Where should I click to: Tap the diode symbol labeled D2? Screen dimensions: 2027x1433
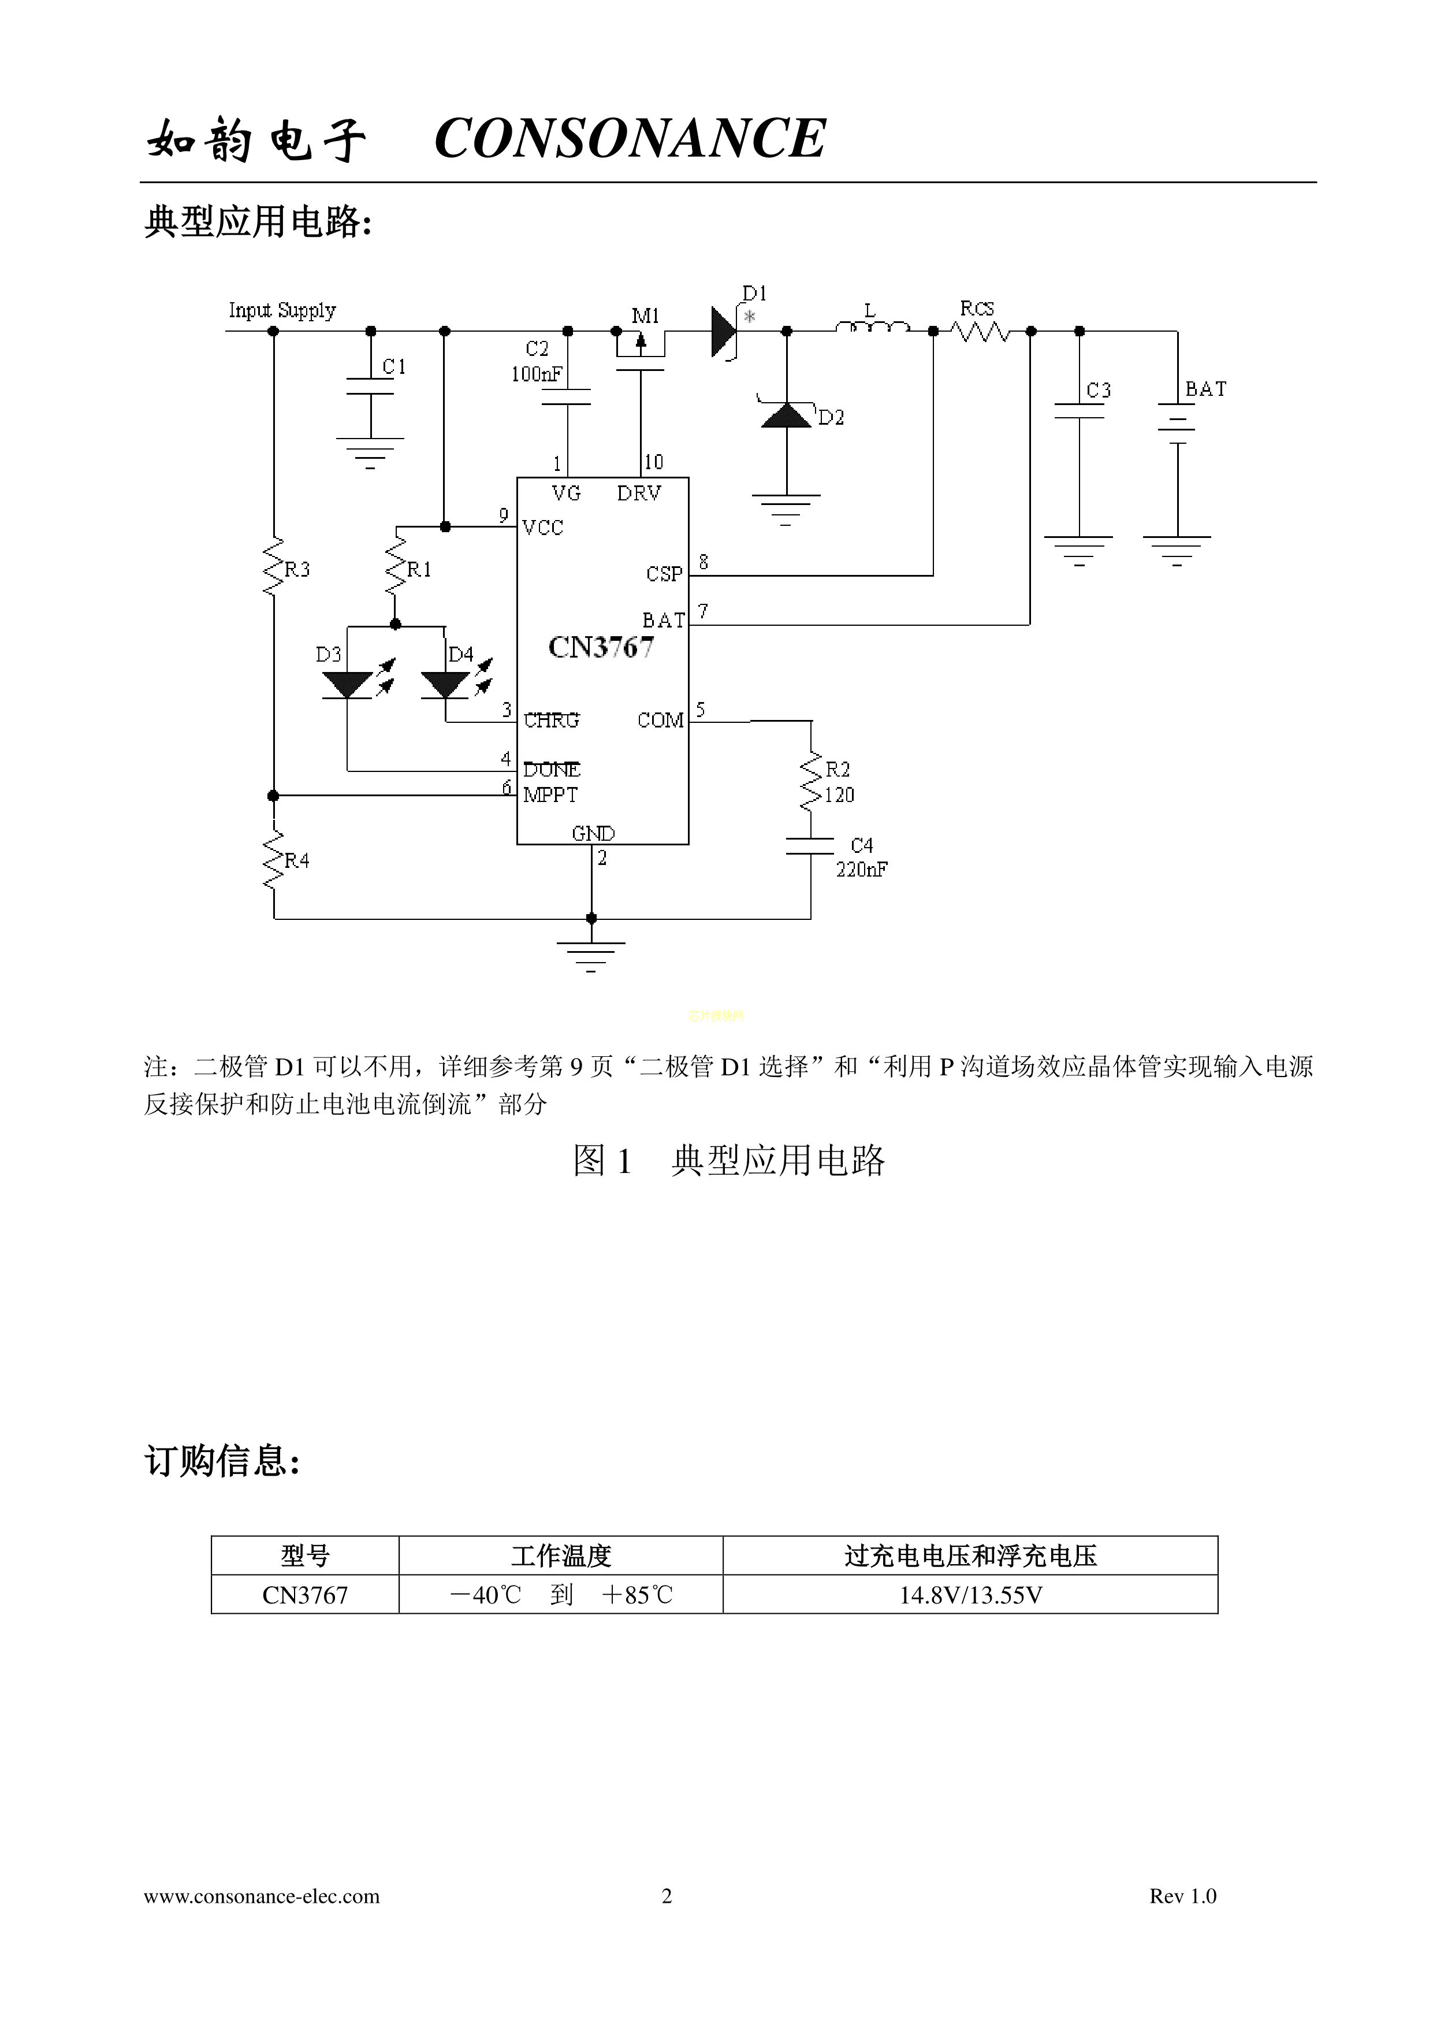coord(786,414)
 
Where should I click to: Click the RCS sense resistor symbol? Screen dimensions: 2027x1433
coord(980,332)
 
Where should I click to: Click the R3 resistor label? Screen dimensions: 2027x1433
coord(297,569)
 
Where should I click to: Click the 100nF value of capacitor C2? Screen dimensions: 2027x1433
coord(535,374)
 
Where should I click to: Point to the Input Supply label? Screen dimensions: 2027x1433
coord(282,311)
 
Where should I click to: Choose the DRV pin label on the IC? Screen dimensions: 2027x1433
coord(639,493)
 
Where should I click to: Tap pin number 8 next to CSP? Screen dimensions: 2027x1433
coord(704,562)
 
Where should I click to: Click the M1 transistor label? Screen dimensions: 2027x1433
coord(645,316)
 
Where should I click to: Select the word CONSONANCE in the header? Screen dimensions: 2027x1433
coord(630,139)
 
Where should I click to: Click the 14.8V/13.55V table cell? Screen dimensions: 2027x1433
coord(970,1595)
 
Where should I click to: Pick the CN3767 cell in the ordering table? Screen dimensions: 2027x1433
coord(306,1595)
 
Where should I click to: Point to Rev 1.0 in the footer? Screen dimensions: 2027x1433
coord(1182,1895)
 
